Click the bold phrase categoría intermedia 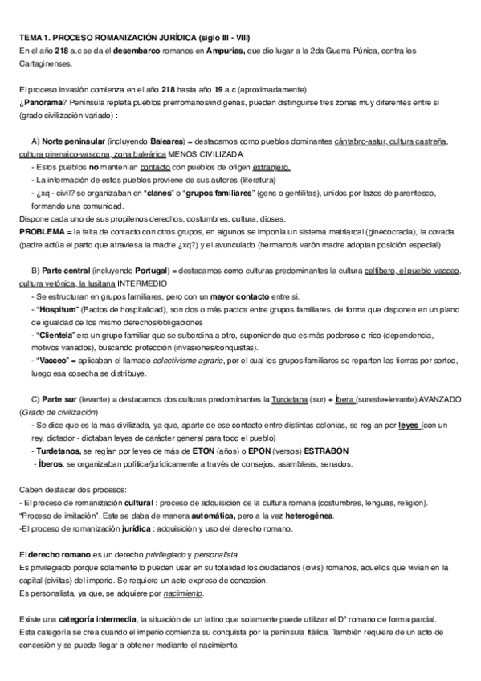(x=94, y=619)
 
